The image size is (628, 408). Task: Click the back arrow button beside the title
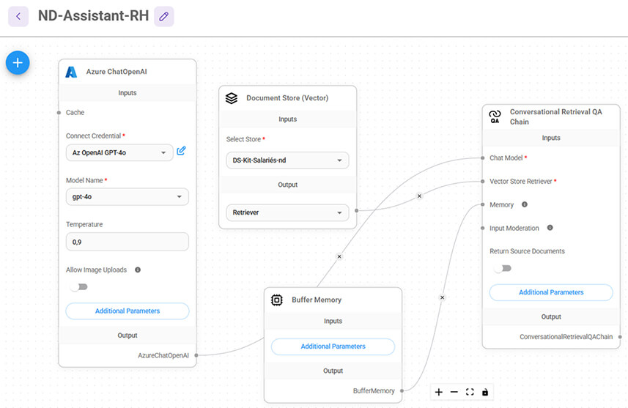coord(18,16)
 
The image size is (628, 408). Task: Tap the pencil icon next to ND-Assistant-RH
coord(164,16)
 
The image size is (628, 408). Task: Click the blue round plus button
coord(18,63)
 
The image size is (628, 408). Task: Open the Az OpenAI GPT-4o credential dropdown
coord(119,152)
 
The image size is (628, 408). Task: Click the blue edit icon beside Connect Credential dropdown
coord(181,151)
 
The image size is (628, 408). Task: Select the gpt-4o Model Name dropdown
coord(127,196)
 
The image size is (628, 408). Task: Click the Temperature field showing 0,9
coord(127,242)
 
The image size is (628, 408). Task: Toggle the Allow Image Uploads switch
coord(79,286)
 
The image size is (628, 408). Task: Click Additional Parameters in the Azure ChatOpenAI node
coord(128,311)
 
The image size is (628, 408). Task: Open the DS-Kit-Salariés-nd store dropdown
coord(287,160)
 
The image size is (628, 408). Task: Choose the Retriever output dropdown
coord(287,212)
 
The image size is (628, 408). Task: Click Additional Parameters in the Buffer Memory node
coord(333,346)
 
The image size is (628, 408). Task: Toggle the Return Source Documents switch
coord(503,268)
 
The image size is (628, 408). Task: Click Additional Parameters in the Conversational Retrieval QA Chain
coord(551,292)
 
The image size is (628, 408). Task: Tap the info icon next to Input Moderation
coord(550,228)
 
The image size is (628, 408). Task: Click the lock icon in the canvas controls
coord(485,392)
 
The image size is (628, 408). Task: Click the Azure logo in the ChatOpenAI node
coord(71,72)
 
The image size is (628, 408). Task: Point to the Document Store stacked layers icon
coord(232,98)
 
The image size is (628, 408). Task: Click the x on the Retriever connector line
coord(419,196)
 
